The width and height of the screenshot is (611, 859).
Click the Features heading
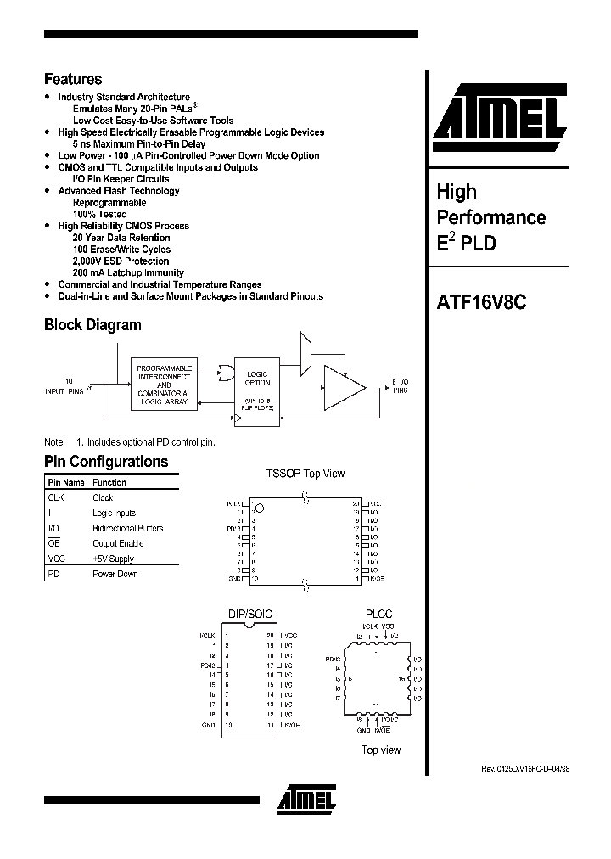click(73, 79)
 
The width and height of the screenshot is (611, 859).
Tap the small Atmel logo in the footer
click(305, 798)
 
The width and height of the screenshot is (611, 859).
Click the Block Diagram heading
click(92, 325)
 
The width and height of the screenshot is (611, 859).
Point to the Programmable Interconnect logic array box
click(165, 385)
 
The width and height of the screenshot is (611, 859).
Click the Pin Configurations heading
click(106, 462)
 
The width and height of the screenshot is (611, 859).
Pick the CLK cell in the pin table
click(56, 498)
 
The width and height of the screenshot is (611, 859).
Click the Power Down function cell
click(115, 575)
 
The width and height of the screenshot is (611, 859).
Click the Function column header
click(109, 482)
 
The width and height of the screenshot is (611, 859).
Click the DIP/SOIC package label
click(249, 614)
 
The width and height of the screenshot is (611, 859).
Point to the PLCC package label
click(378, 614)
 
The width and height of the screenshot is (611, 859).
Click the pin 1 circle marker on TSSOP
click(261, 508)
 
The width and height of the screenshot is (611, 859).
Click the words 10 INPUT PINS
click(64, 386)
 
